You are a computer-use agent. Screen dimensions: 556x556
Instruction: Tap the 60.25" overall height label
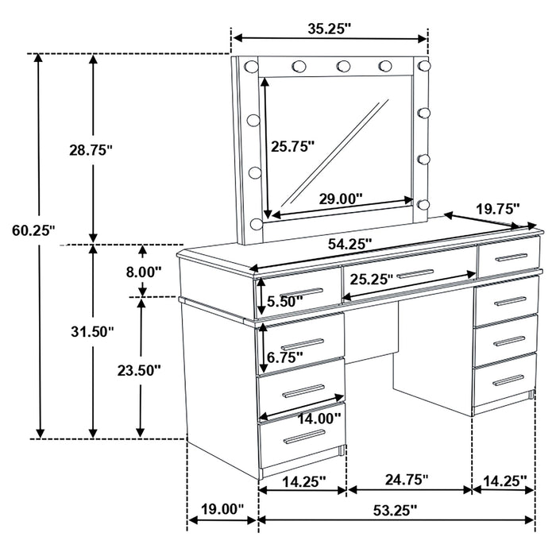[32, 230]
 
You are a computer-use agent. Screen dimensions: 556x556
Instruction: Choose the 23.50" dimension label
[140, 369]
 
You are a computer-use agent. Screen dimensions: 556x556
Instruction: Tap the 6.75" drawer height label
[284, 357]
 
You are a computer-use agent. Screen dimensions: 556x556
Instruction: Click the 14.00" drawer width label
[319, 417]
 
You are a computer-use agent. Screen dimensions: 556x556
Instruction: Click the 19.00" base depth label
[222, 509]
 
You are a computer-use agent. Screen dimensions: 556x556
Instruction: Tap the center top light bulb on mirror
[343, 66]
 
